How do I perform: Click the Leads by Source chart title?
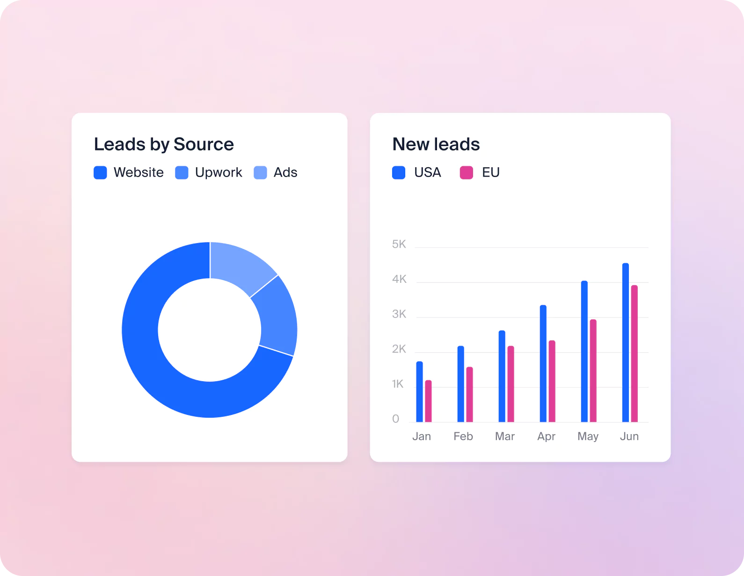click(164, 144)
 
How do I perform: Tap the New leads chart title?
click(436, 144)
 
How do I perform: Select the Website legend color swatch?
click(100, 172)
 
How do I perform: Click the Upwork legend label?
click(219, 172)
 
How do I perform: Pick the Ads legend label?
click(285, 172)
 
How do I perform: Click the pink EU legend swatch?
click(467, 172)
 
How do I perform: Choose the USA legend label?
click(428, 172)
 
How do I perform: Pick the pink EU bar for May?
click(593, 370)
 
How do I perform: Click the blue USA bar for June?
click(625, 342)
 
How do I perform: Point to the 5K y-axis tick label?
click(399, 244)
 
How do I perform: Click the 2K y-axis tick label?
click(399, 349)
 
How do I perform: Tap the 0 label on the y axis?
click(396, 419)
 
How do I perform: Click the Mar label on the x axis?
click(505, 436)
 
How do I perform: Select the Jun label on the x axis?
click(629, 436)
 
